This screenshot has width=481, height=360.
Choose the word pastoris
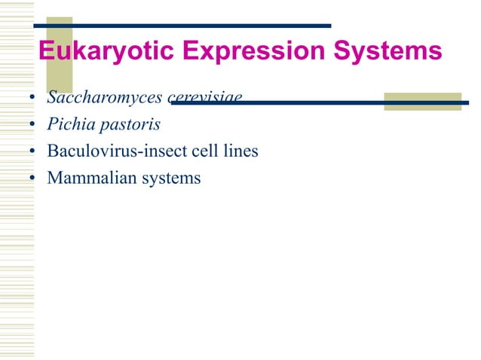128,124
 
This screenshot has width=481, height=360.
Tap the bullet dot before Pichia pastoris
33,125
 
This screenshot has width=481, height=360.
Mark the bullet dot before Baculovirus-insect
33,151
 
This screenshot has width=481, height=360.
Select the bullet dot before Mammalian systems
33,178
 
